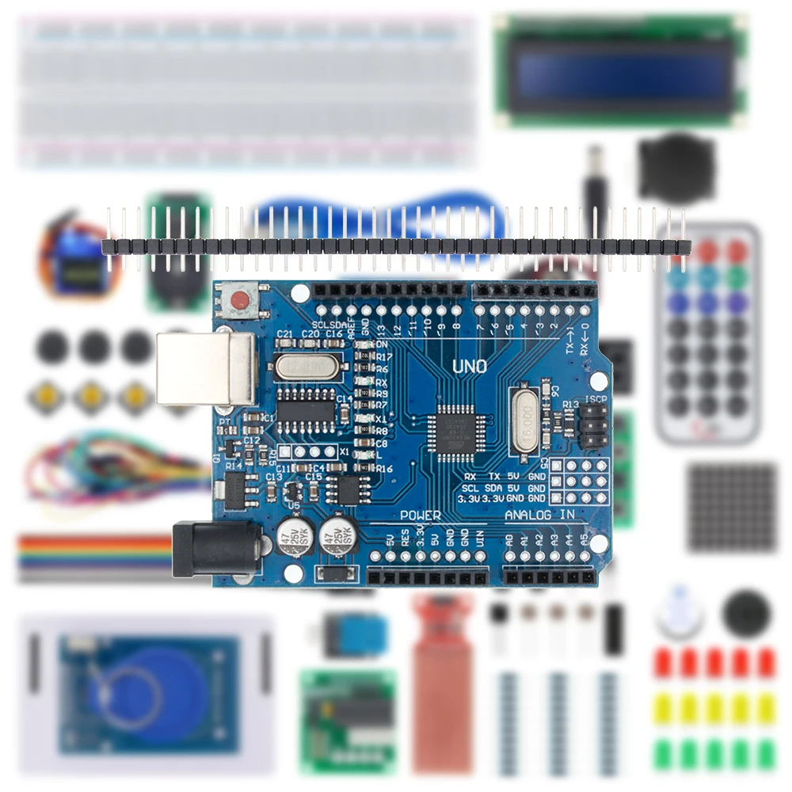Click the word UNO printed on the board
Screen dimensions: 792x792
tap(469, 367)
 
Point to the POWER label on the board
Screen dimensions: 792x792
tap(420, 515)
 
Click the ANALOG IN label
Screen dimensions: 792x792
tap(540, 516)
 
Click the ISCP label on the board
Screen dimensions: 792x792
tap(596, 400)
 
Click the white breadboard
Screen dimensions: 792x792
tap(248, 91)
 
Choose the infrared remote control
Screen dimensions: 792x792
tap(707, 333)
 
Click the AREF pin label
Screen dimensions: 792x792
tap(352, 325)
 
